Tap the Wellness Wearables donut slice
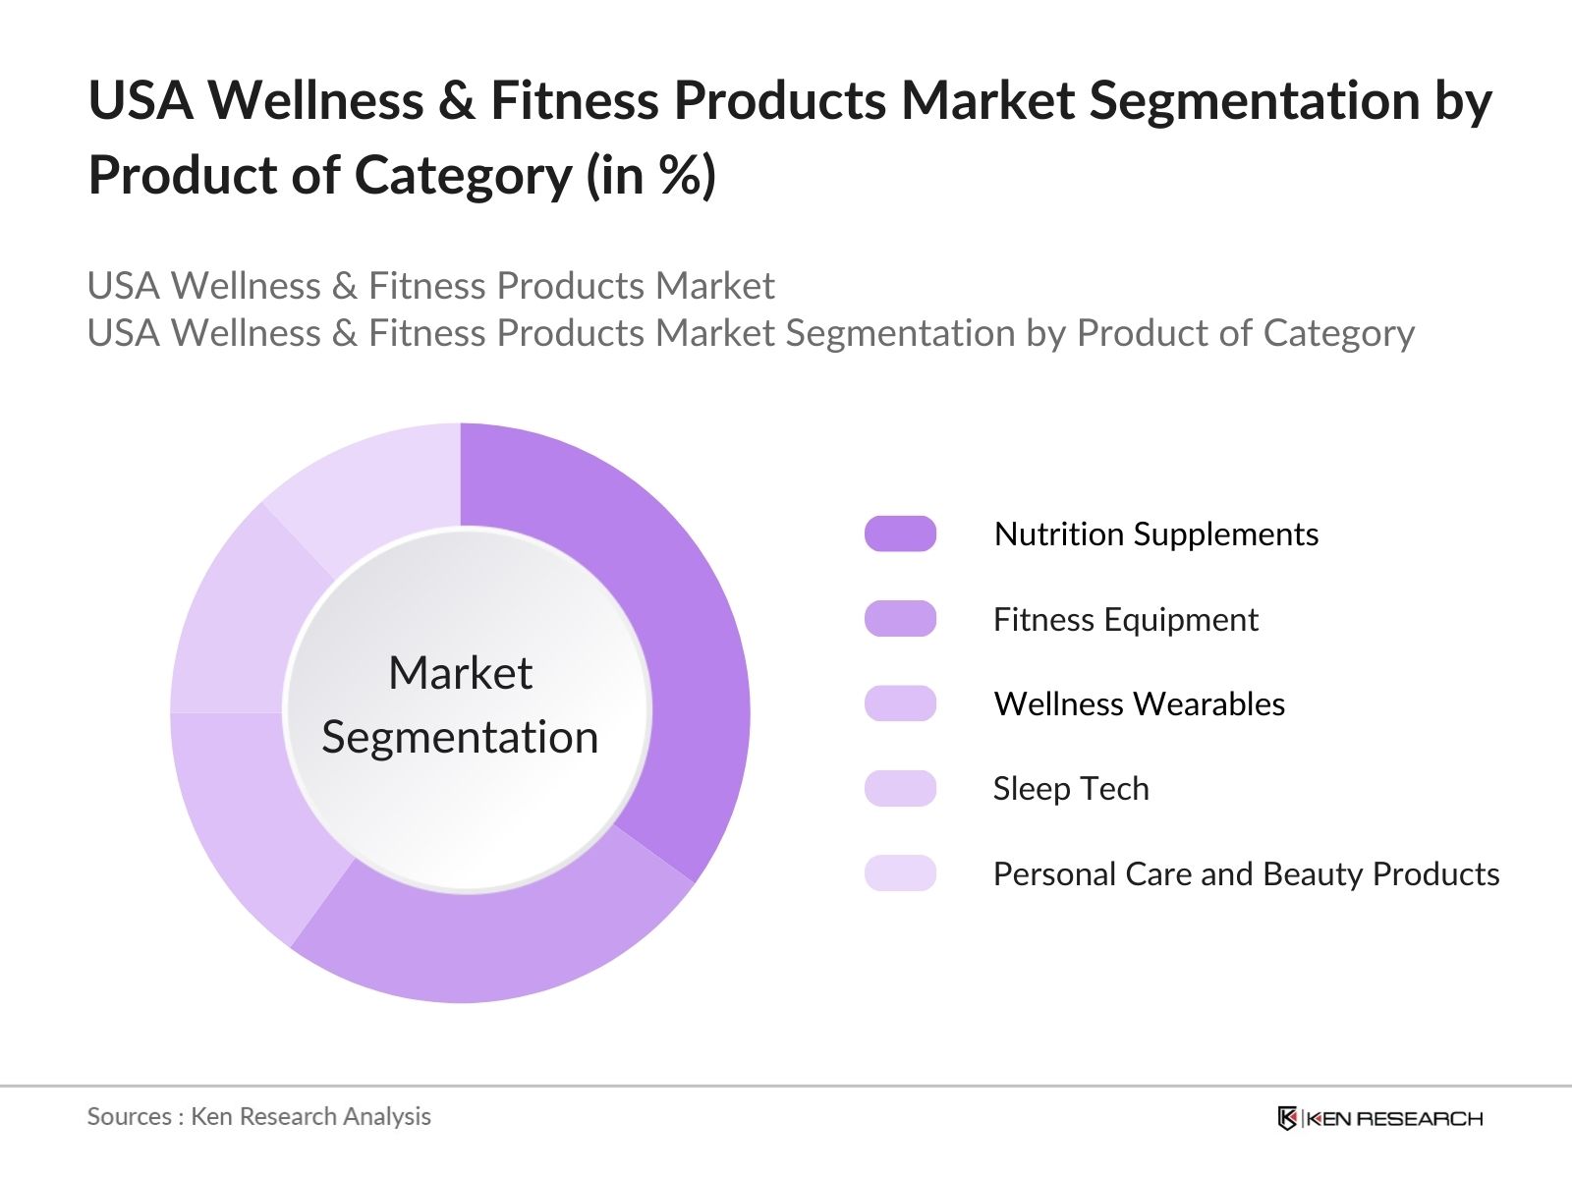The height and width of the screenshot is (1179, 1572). point(246,815)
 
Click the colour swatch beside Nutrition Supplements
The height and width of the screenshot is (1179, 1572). point(900,533)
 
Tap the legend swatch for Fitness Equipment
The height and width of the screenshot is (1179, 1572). point(900,619)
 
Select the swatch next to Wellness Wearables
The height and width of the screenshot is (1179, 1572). point(900,703)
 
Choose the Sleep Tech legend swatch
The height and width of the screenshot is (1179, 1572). point(900,788)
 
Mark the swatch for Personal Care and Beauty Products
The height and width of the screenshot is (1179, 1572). point(900,873)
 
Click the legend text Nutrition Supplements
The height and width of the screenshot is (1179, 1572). point(1155,533)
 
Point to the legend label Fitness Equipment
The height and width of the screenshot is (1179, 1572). point(1125,619)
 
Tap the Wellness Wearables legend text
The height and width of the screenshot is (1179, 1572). point(1139,703)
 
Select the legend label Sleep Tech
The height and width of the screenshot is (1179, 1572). point(1071,788)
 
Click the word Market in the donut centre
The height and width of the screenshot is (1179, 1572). point(460,673)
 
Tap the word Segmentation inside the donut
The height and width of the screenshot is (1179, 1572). point(460,737)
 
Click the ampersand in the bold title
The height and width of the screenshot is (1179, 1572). point(456,100)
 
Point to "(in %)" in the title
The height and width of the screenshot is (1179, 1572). point(651,176)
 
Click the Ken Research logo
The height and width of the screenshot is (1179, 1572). point(1379,1118)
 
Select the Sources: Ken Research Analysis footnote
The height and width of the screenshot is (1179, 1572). point(258,1116)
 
